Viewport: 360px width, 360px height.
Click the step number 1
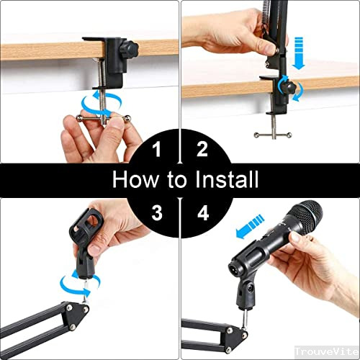(x=157, y=149)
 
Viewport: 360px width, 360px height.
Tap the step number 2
(x=202, y=149)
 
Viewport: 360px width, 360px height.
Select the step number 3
(x=157, y=212)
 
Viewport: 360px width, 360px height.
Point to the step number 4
(x=203, y=212)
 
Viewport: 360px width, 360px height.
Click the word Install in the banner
(x=227, y=179)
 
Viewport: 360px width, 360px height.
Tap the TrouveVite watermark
(x=327, y=351)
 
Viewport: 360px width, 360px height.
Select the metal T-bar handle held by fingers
(x=104, y=118)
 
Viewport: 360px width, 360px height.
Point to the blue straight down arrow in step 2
(x=299, y=53)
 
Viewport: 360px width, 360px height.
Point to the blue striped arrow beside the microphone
(x=250, y=226)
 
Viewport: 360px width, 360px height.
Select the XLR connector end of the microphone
(x=233, y=267)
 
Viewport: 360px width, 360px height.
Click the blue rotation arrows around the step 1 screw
(x=102, y=104)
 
